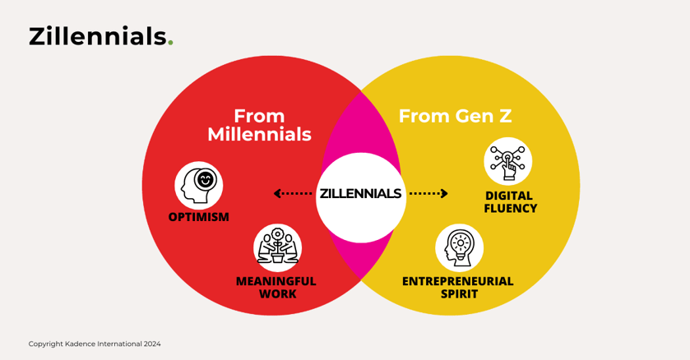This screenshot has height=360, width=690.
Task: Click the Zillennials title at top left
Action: pos(97,37)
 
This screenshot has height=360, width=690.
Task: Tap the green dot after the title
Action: pos(170,44)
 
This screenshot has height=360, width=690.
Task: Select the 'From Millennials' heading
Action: pos(259,125)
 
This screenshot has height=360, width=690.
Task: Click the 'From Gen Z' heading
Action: pos(455,116)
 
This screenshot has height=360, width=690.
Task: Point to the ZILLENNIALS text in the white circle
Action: pos(360,194)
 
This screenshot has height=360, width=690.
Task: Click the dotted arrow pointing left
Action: pos(293,194)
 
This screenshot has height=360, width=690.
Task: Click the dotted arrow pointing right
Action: pos(428,194)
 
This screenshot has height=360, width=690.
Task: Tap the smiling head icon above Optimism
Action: pos(199,185)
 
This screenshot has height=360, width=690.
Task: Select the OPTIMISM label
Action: pos(199,218)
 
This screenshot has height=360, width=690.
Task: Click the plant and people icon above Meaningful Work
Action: pos(277,247)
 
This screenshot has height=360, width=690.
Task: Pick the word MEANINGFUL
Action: pos(276,281)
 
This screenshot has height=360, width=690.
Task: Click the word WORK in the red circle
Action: pos(277,294)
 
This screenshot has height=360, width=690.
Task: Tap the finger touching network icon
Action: pos(507,161)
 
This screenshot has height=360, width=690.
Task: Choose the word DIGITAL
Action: pos(509,196)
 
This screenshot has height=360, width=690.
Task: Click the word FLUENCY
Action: pos(511,209)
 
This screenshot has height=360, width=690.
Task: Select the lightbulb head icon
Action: pos(459,247)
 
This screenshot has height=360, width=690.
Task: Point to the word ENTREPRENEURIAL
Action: pos(457,281)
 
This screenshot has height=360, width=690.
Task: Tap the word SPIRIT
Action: pos(457,294)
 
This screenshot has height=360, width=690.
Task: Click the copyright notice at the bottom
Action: pos(95,344)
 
